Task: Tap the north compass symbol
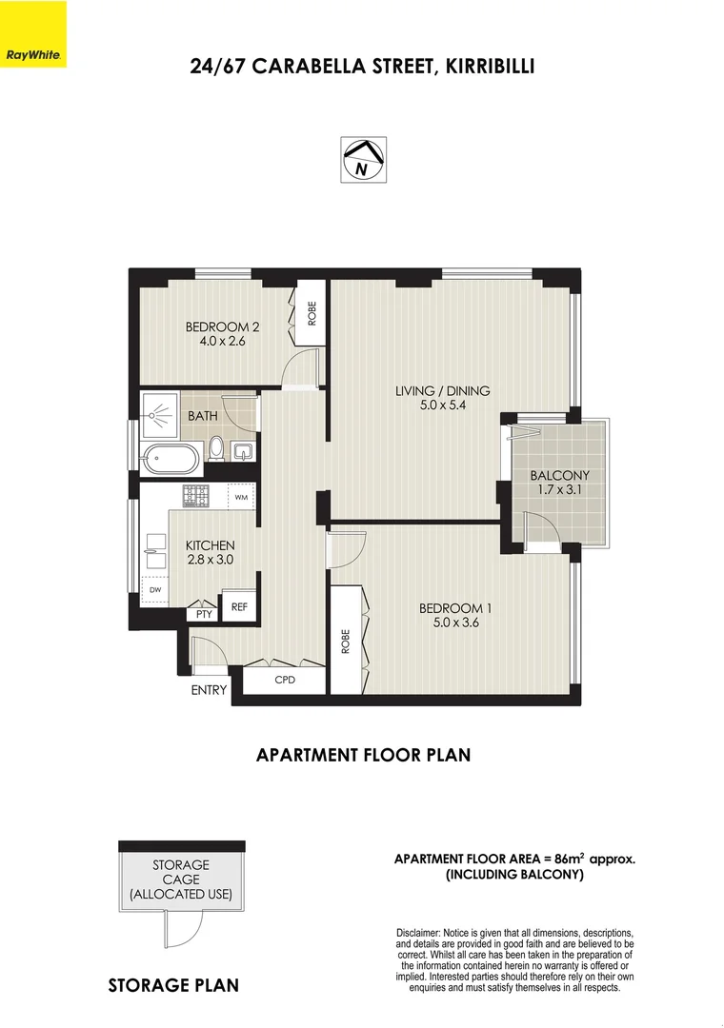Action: pos(363,159)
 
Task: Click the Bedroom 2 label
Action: pos(222,326)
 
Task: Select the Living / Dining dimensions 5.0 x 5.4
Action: pos(442,405)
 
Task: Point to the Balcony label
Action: pos(560,475)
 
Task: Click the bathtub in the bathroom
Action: pos(169,459)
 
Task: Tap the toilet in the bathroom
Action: pos(217,449)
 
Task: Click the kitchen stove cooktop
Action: pos(195,496)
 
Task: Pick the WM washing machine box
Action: pos(241,497)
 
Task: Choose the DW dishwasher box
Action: pos(155,590)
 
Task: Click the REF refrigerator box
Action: pos(239,607)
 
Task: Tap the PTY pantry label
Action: pos(204,614)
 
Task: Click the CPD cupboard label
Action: pos(285,680)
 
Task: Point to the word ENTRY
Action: pos(209,690)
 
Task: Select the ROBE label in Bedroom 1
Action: pos(346,642)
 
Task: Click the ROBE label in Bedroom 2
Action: pos(312,313)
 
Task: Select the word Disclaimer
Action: pos(418,933)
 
